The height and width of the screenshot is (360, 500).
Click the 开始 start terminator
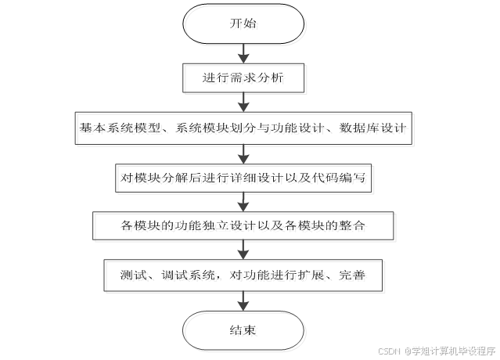[x=243, y=24]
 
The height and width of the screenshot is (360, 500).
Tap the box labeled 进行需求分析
[x=243, y=77]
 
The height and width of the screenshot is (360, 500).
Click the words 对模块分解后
[x=153, y=177]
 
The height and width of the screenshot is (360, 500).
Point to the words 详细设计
[x=250, y=177]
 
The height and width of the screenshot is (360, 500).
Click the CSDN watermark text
[x=388, y=351]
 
